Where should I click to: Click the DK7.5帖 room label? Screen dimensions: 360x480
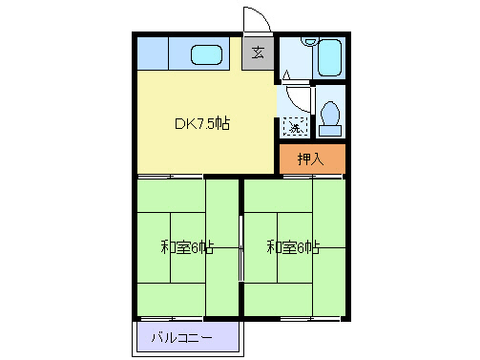[201, 123]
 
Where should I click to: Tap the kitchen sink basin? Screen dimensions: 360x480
[206, 54]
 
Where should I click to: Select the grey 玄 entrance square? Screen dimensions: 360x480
[258, 53]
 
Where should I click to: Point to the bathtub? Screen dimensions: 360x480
[330, 58]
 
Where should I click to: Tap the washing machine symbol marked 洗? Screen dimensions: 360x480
[295, 126]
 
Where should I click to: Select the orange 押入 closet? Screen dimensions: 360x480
[311, 159]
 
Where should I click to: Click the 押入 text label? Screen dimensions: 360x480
[311, 159]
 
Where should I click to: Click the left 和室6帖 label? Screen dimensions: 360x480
[186, 247]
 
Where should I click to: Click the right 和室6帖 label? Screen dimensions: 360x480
[293, 247]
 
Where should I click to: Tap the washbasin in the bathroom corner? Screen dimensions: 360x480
[308, 41]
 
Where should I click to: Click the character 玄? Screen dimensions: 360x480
[258, 53]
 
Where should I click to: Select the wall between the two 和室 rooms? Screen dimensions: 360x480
[240, 247]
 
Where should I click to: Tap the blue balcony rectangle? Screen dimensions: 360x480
[187, 337]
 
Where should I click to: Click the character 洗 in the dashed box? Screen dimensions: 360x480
[295, 126]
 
